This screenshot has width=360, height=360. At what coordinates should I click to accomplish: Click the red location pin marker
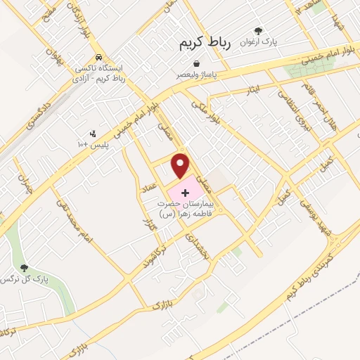tap(181, 166)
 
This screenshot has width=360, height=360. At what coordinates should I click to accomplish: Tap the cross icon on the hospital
tap(185, 192)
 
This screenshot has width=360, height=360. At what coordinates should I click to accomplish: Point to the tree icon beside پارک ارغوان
tap(258, 31)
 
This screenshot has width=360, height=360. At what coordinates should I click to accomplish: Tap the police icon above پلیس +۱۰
tap(93, 134)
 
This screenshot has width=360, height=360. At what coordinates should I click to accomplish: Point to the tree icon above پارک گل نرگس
tap(25, 268)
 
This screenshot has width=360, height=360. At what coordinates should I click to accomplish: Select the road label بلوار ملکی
tap(207, 110)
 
